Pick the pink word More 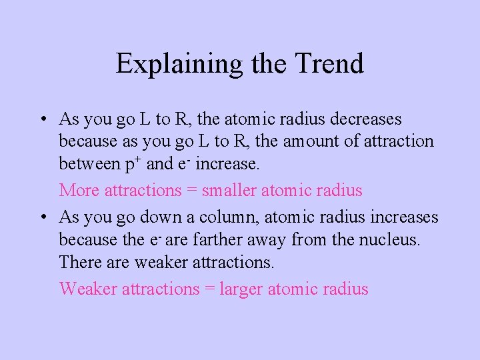pos(77,191)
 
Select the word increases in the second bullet pos(403,217)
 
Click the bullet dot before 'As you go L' pos(42,120)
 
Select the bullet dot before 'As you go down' pos(42,218)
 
